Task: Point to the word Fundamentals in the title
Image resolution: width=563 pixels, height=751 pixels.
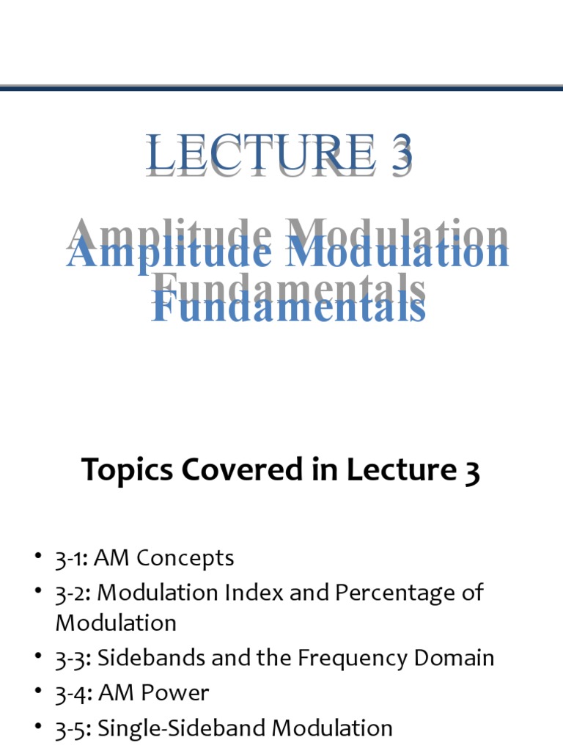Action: click(289, 306)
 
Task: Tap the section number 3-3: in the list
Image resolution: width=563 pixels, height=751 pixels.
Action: click(73, 658)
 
